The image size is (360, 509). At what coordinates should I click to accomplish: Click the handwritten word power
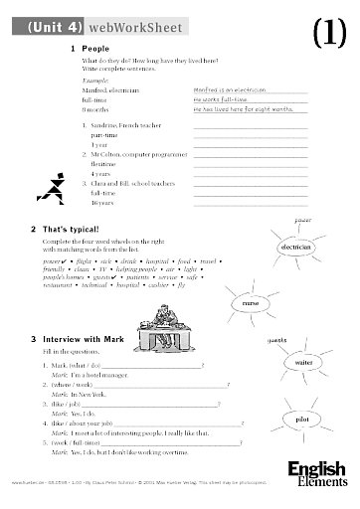(290, 217)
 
